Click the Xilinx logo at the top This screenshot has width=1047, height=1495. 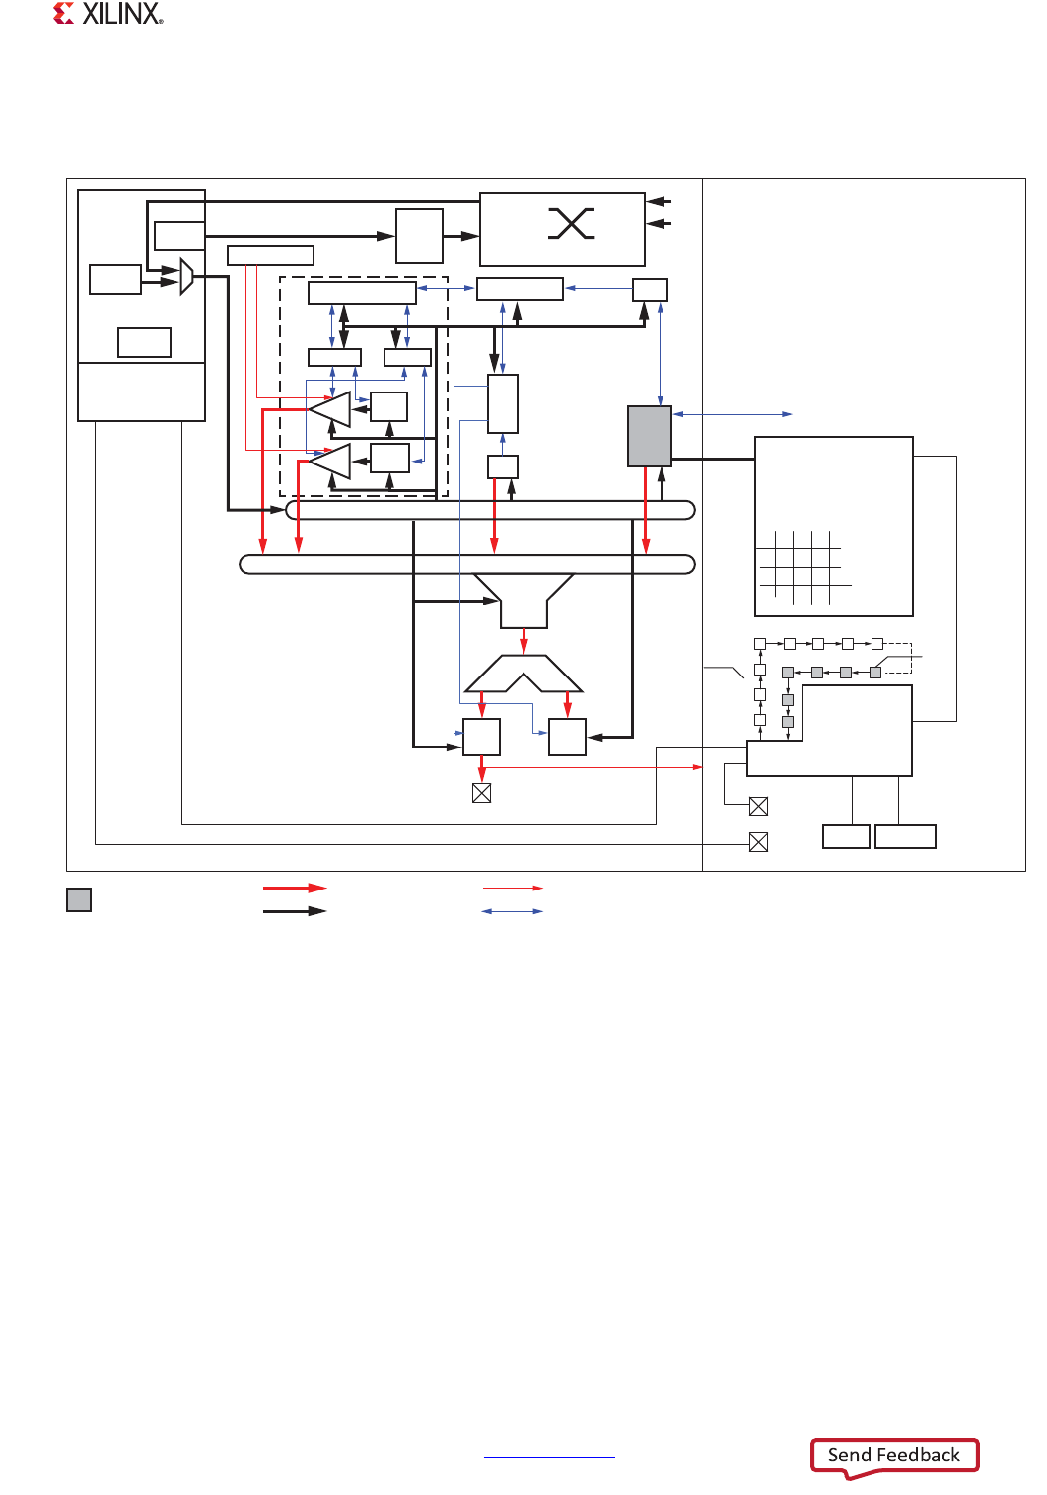tap(108, 14)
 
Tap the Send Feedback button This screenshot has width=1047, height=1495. tap(894, 1455)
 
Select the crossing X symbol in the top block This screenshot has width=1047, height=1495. tap(571, 223)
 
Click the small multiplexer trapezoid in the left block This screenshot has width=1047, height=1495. tap(187, 276)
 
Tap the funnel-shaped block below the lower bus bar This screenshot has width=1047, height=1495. tap(523, 601)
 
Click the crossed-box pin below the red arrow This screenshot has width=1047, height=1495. tap(482, 793)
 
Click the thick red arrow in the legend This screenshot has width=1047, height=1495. tap(294, 888)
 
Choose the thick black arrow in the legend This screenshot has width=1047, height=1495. tap(294, 911)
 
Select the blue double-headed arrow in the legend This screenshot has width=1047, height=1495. tap(513, 911)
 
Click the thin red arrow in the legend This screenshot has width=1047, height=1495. tap(513, 888)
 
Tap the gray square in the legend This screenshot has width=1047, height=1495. tap(79, 899)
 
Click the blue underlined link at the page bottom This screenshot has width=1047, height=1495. tap(549, 1457)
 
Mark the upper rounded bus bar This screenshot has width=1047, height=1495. tap(490, 510)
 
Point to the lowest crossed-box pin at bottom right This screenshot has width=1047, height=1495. tap(759, 842)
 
